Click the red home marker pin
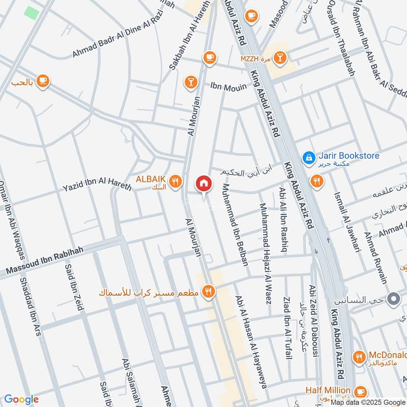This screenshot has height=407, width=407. click(203, 184)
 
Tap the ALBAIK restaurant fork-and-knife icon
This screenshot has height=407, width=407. click(176, 181)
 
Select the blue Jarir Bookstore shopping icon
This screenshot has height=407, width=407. click(308, 158)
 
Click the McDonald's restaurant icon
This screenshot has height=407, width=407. click(360, 358)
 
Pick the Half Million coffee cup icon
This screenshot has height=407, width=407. click(360, 391)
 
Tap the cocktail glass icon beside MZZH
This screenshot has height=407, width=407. click(279, 59)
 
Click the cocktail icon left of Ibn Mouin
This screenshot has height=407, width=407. click(191, 81)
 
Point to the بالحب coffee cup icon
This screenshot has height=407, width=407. click(43, 81)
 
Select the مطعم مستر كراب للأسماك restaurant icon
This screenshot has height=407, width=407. click(208, 292)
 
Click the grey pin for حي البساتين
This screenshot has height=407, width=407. click(393, 299)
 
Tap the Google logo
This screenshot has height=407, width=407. click(21, 399)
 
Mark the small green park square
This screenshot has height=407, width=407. click(32, 13)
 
